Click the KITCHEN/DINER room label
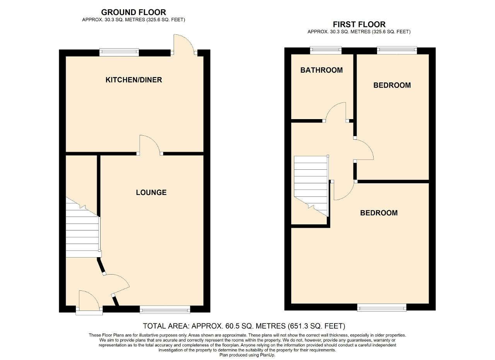coord(134,80)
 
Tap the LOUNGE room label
coord(151,193)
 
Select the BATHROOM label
coord(321,70)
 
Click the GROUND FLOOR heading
coord(133,12)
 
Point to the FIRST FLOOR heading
coord(359,24)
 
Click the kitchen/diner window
coord(119,52)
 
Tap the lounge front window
coord(165,309)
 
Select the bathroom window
coord(326,50)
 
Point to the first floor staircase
coord(311,183)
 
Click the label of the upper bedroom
coord(392,85)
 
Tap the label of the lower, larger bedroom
coord(379,213)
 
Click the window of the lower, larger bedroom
coord(382,307)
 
